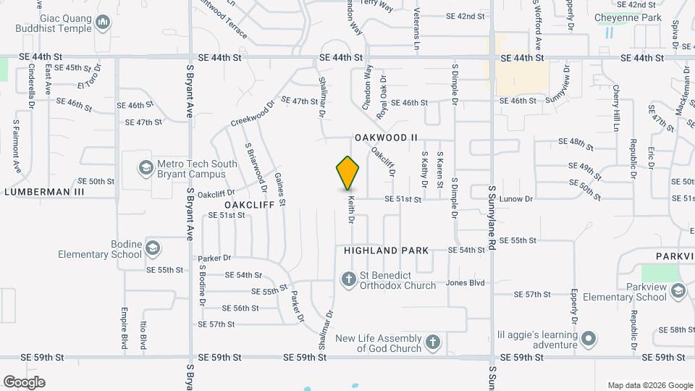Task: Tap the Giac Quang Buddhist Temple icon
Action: pos(104,23)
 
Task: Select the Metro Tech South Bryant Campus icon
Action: pos(145,168)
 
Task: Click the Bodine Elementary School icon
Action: pos(152,248)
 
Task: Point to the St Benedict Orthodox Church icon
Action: pos(348,279)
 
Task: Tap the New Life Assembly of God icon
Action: pos(432,342)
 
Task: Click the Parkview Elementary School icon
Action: pos(678,291)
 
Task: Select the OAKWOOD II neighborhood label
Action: pos(387,137)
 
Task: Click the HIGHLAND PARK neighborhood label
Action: pos(387,251)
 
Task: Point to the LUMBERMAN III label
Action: pos(44,192)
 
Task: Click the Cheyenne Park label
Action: pos(628,17)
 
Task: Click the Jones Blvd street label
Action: pos(466,283)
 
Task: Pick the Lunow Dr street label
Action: pos(518,198)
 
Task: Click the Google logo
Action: pos(24,382)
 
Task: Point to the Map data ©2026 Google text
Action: pos(649,385)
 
